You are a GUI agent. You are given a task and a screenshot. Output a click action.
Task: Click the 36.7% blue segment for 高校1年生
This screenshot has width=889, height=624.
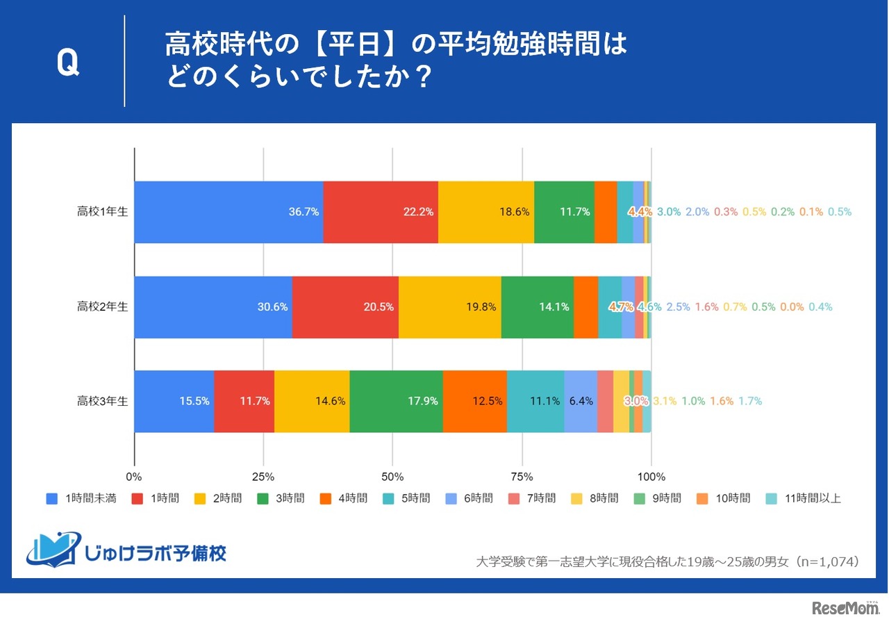tap(229, 212)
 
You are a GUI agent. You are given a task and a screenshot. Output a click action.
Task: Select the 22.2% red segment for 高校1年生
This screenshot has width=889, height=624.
tap(381, 212)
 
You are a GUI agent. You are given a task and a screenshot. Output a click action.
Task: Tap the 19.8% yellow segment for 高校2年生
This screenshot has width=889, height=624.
tap(450, 306)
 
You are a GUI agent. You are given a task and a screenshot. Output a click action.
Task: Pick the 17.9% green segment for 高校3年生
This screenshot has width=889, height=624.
tap(396, 401)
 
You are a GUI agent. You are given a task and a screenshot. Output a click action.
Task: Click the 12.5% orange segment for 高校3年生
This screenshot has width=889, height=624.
tap(475, 401)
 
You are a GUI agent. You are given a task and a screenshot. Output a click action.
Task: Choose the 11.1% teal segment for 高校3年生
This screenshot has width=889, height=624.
tap(535, 401)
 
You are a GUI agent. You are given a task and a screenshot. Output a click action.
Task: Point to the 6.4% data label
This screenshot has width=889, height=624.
tap(581, 401)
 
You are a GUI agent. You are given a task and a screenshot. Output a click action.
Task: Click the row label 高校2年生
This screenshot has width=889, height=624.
tap(102, 306)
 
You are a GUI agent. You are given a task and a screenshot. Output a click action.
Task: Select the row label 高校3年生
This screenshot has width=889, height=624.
tap(102, 401)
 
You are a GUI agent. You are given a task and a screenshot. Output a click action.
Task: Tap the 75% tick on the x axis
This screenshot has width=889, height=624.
tap(522, 477)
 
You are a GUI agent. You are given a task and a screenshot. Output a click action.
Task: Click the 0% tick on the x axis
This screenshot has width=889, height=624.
tap(134, 477)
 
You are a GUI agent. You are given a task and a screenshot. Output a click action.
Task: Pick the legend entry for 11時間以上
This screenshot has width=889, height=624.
tap(804, 498)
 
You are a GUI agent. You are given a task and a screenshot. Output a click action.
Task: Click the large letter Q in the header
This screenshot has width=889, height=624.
tap(67, 64)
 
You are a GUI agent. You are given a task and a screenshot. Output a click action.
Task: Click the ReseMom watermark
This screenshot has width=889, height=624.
tap(845, 608)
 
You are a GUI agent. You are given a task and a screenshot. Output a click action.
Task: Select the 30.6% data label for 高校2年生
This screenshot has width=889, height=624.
tap(272, 306)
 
